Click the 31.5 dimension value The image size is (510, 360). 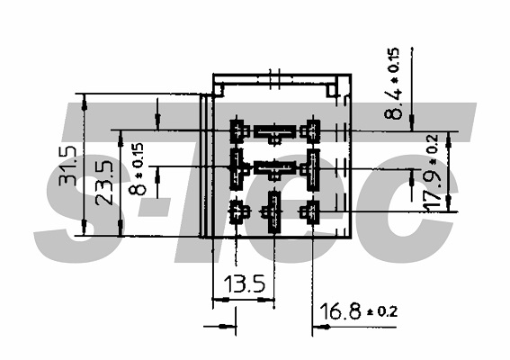pyautogui.click(x=67, y=166)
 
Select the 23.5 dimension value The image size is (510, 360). pyautogui.click(x=104, y=184)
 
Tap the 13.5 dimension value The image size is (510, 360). pyautogui.click(x=245, y=283)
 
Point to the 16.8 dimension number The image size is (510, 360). pyautogui.click(x=340, y=311)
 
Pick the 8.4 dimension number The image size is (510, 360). pyautogui.click(x=393, y=104)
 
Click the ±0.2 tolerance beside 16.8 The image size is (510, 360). pyautogui.click(x=382, y=311)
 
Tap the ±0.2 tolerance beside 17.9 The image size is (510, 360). pyautogui.click(x=434, y=148)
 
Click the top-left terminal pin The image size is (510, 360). pyautogui.click(x=238, y=130)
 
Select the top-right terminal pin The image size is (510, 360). pyautogui.click(x=311, y=131)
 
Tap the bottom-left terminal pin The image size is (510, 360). pyautogui.click(x=238, y=212)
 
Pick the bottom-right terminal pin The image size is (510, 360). pyautogui.click(x=311, y=212)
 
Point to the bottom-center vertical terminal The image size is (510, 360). pyautogui.click(x=273, y=211)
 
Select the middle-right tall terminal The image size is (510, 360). pyautogui.click(x=311, y=169)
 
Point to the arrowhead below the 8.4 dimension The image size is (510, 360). pyautogui.click(x=412, y=123)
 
